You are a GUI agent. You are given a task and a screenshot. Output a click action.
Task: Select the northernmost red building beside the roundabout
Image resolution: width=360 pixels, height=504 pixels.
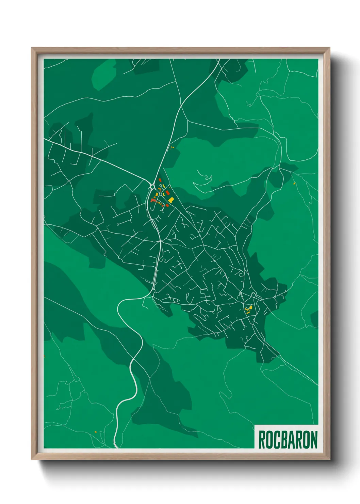coord(160,180)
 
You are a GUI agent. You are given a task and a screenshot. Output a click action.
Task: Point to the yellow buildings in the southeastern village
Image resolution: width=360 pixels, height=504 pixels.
coord(249,309)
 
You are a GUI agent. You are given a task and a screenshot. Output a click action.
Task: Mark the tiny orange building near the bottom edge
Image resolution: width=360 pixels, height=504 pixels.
coord(96,432)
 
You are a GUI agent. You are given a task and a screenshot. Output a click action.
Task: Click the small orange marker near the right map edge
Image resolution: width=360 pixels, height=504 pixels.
coord(295,184)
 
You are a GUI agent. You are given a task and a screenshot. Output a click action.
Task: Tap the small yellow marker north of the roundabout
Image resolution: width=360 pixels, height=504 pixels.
coord(171,147)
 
